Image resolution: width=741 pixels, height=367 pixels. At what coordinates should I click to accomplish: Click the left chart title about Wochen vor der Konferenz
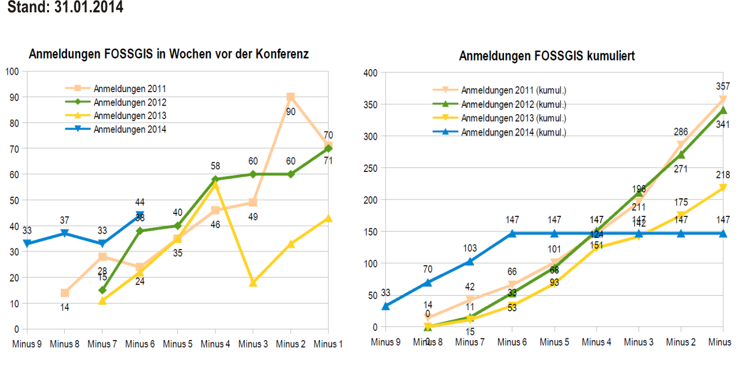pos(168,55)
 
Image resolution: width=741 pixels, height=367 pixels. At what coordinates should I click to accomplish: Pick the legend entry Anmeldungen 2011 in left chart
pos(130,88)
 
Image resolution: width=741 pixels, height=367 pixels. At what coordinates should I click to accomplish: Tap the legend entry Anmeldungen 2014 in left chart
pos(130,129)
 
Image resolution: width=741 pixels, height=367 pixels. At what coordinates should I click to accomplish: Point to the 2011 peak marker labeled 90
pos(291,97)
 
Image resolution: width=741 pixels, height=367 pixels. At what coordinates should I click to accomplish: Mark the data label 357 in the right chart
pos(723,87)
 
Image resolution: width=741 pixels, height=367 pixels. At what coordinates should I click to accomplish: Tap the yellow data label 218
pos(723,175)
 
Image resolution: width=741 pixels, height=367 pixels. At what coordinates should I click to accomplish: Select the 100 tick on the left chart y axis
pos(12,71)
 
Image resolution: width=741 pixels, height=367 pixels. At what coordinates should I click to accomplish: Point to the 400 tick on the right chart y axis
pos(370,73)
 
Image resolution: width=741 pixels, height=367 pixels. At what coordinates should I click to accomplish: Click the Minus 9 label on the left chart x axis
pos(26,344)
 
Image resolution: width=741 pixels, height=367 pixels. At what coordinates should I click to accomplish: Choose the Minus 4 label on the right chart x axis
pos(597,342)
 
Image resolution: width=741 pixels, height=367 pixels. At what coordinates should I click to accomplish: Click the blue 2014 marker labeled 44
pos(140,215)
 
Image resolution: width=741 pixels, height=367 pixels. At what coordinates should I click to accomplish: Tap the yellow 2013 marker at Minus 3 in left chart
pos(253,283)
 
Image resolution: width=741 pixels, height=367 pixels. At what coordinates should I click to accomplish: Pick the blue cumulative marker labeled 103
pos(470,261)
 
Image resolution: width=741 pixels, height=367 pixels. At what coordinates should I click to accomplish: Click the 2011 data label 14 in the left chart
pos(65,307)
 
